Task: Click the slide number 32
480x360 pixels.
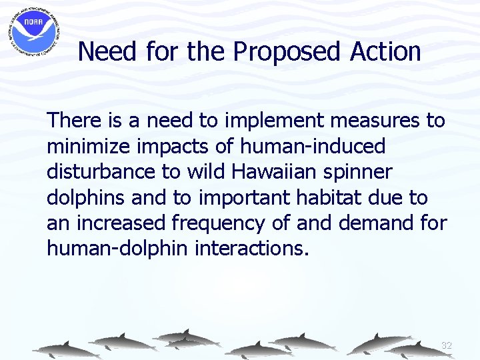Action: (446, 345)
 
